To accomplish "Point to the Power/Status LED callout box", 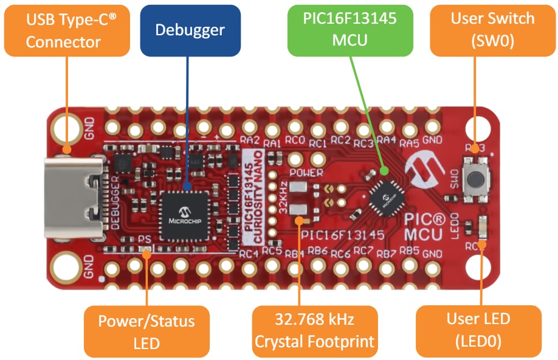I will pos(146,331).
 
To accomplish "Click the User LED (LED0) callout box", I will pos(478,331).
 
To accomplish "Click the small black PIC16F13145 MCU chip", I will pos(384,198).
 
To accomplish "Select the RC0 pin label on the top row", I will pos(295,142).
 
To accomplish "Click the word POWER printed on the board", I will pos(306,171).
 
